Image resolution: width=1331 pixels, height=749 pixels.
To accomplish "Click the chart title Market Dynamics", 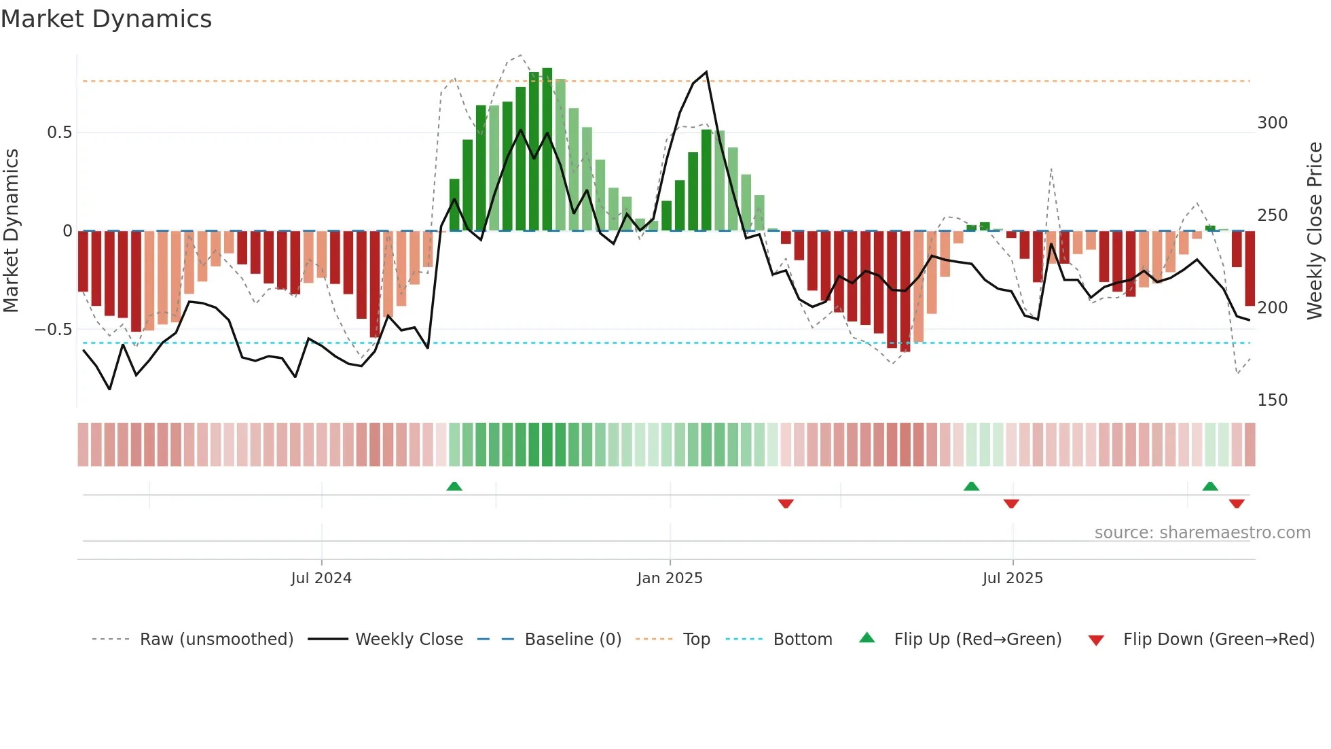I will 106,19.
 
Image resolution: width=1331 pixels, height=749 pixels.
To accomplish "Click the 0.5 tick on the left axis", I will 59,133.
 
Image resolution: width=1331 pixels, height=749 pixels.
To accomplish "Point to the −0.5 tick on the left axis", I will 54,330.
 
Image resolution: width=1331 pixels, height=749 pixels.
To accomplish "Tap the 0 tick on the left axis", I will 67,231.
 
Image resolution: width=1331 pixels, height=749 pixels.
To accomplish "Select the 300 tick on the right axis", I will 1272,123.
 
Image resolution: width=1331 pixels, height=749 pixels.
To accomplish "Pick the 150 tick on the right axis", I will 1272,400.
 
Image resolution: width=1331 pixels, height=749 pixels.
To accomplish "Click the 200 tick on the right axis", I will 1272,308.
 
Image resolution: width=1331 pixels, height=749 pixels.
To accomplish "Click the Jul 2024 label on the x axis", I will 321,578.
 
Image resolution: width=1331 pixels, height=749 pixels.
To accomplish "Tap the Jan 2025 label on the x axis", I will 670,578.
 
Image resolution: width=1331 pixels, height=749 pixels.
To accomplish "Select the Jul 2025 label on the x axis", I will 1013,578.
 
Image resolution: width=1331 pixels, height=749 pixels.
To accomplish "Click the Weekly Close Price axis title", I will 1315,231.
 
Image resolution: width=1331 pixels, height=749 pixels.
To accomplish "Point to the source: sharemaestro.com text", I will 1202,533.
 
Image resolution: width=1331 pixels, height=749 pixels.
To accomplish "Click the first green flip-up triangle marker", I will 454,486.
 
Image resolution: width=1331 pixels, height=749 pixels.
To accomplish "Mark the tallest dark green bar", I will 547,150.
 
